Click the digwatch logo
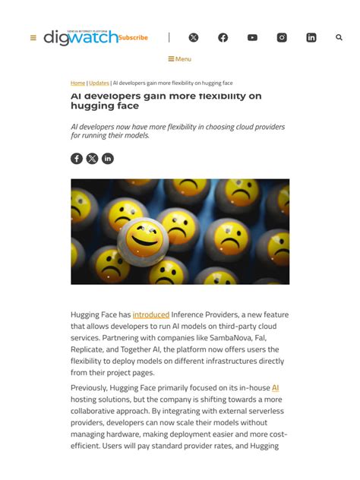tap(81, 37)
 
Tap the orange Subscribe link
tap(133, 37)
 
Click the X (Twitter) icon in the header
tap(194, 37)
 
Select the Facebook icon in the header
tap(223, 37)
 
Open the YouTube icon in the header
tap(252, 37)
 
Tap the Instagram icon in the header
tap(282, 37)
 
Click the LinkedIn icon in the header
tap(311, 37)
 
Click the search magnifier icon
tap(339, 37)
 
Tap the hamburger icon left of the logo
tap(33, 37)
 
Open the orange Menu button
tap(180, 58)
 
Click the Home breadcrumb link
tap(77, 83)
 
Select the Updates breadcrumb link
tap(99, 83)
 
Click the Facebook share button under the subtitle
tap(77, 158)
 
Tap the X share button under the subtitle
tap(92, 158)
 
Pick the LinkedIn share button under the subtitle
tap(108, 158)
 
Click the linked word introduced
tap(151, 314)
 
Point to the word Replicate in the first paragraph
tap(89, 349)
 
